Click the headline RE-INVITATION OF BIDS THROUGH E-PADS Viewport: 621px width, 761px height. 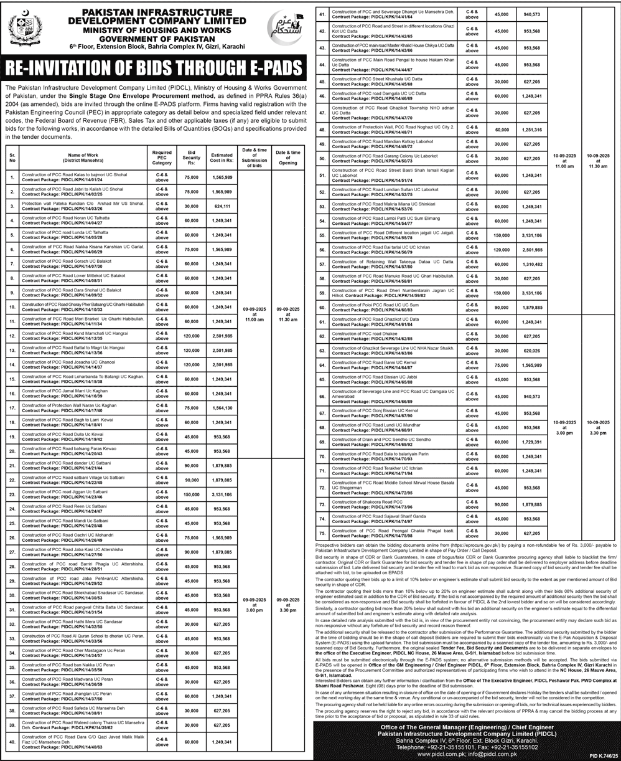coord(154,68)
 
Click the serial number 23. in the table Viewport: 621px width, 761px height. coord(12,494)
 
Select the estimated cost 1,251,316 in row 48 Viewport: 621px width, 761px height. coord(531,129)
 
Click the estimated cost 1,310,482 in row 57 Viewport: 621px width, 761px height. coord(531,264)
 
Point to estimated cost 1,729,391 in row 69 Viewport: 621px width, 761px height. coord(531,442)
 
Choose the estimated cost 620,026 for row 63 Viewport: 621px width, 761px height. coord(531,351)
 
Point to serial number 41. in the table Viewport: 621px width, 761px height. coord(322,15)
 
